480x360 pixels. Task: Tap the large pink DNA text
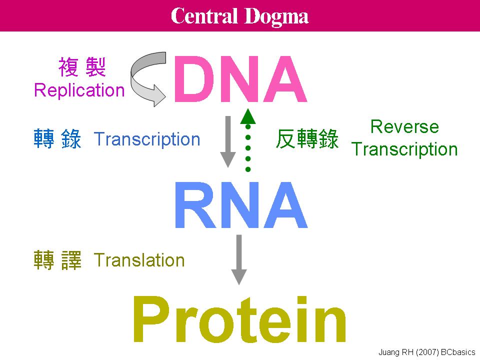click(239, 79)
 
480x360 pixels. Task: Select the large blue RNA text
click(240, 206)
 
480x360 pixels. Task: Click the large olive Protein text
click(239, 320)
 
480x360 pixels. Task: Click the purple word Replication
click(79, 90)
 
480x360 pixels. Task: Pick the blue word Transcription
click(147, 139)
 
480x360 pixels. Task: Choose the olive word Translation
click(139, 260)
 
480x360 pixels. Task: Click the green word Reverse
click(404, 127)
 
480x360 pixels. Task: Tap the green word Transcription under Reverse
click(404, 149)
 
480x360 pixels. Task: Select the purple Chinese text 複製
click(81, 67)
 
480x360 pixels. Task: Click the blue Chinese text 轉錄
click(57, 139)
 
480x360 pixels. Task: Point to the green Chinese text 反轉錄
click(307, 139)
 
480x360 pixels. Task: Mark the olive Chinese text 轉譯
click(57, 260)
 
